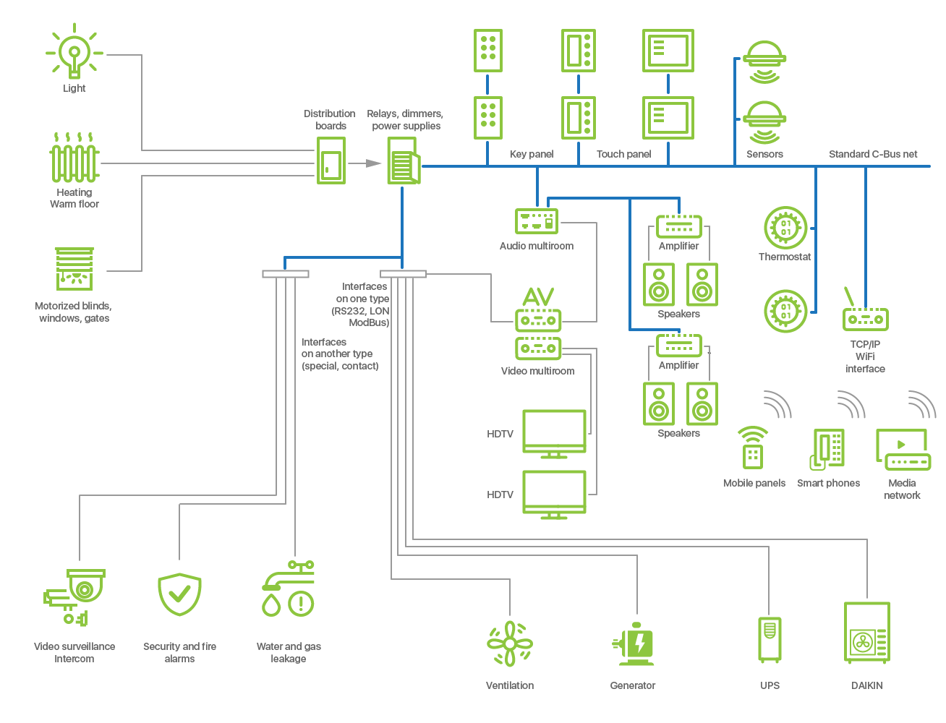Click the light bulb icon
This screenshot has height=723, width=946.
pyautogui.click(x=74, y=52)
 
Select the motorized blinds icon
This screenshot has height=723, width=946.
pyautogui.click(x=74, y=269)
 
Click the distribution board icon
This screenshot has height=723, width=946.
pyautogui.click(x=331, y=161)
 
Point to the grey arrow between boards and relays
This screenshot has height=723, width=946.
pyautogui.click(x=372, y=163)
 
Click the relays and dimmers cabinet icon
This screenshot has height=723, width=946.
pyautogui.click(x=403, y=161)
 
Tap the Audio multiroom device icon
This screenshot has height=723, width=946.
pyautogui.click(x=537, y=221)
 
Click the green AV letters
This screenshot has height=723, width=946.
pyautogui.click(x=538, y=296)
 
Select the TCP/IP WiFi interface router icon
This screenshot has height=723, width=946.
pyautogui.click(x=865, y=312)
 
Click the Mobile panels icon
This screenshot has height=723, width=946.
pyautogui.click(x=753, y=448)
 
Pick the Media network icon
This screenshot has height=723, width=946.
pyautogui.click(x=903, y=450)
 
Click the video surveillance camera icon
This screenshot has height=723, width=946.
pyautogui.click(x=75, y=596)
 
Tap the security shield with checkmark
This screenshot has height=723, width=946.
pyautogui.click(x=179, y=594)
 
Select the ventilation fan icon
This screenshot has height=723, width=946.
pyautogui.click(x=510, y=643)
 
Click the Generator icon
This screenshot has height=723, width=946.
pyautogui.click(x=634, y=644)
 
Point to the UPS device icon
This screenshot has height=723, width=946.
pyautogui.click(x=770, y=639)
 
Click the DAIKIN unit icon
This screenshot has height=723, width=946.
pyautogui.click(x=866, y=633)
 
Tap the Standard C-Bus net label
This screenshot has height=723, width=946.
pyautogui.click(x=872, y=154)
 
